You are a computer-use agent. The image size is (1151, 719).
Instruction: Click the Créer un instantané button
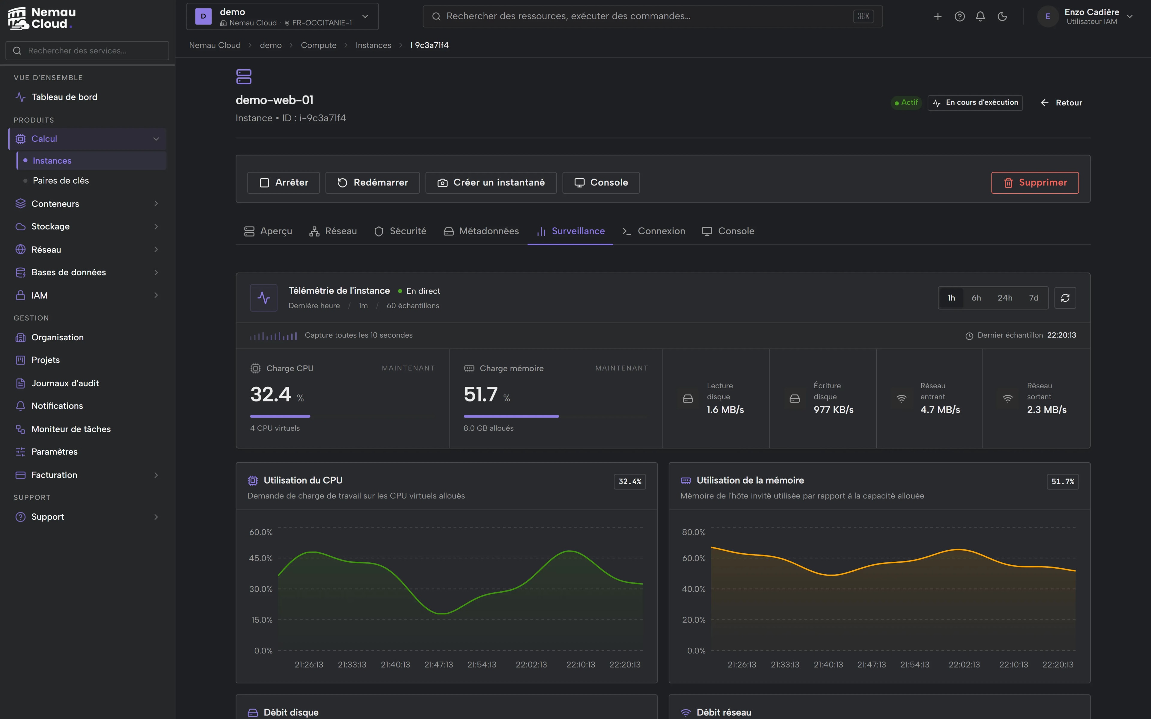491,183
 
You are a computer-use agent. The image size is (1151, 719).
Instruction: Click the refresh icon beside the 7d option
1065,298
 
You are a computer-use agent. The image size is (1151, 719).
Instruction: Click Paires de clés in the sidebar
61,181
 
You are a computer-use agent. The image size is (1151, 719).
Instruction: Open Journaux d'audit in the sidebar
65,383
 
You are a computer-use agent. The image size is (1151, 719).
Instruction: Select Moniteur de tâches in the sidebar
71,429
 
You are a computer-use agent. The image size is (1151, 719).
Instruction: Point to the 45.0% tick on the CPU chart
261,558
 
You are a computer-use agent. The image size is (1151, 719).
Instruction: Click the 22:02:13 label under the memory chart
964,665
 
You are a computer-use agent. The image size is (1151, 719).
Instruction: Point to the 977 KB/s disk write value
833,410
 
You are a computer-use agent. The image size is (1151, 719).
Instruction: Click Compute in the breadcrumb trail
319,45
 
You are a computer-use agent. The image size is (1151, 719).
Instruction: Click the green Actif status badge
906,103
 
